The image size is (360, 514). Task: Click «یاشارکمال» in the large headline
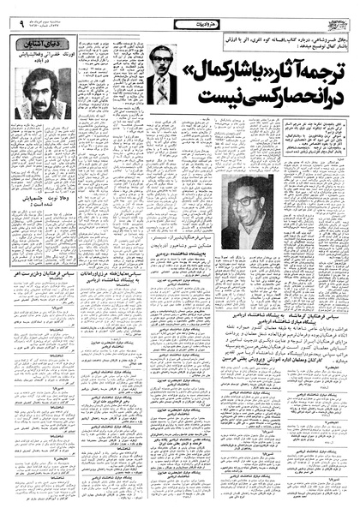[x=245, y=90]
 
